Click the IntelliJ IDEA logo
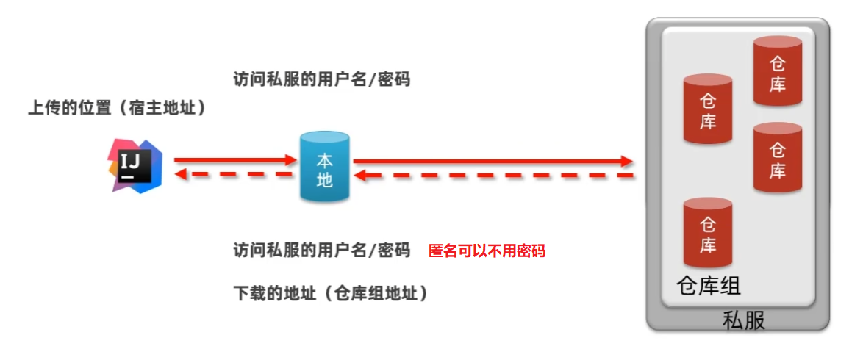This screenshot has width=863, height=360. point(133,165)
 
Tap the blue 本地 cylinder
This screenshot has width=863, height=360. point(324,167)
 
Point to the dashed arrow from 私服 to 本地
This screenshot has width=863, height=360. point(493,176)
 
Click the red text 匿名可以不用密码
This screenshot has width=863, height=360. point(487,251)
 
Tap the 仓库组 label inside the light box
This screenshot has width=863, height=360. point(708,286)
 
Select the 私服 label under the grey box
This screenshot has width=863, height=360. point(743,321)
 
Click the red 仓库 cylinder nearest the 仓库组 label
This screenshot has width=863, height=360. point(707,234)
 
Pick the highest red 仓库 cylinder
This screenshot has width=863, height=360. point(777,72)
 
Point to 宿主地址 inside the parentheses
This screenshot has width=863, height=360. point(159,108)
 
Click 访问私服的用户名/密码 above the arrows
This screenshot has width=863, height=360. point(321,79)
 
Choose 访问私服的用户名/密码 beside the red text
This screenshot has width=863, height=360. point(321,251)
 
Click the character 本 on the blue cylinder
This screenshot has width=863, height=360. point(324,159)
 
